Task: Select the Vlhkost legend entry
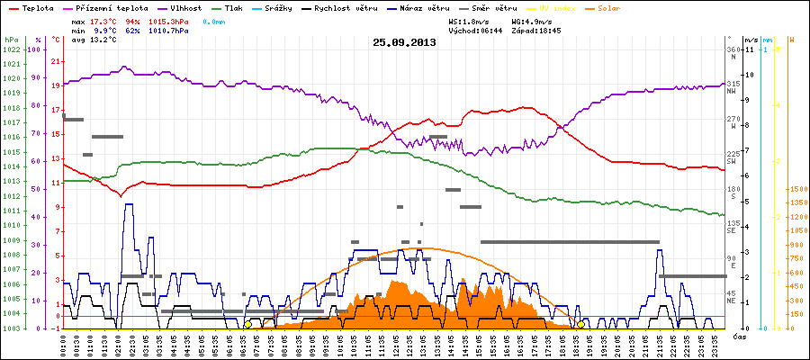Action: pyautogui.click(x=187, y=7)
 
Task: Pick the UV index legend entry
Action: pyautogui.click(x=564, y=7)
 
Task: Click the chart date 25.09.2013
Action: pyautogui.click(x=404, y=41)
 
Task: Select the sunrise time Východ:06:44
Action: pyautogui.click(x=476, y=30)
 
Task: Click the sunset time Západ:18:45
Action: pyautogui.click(x=536, y=30)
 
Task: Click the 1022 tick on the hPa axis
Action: pyautogui.click(x=11, y=49)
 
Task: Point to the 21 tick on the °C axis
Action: pyautogui.click(x=56, y=61)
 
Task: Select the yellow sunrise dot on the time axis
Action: pyautogui.click(x=247, y=324)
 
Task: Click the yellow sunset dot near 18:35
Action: pyautogui.click(x=580, y=324)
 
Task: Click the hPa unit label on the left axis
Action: pyautogui.click(x=10, y=40)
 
